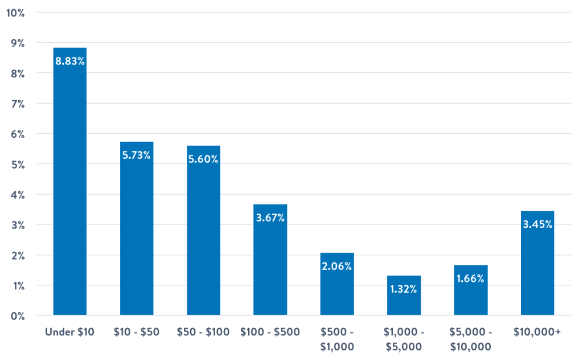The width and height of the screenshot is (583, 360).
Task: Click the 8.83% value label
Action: [69, 62]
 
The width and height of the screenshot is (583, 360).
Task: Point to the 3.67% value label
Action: [270, 218]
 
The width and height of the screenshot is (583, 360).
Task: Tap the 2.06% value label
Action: [337, 266]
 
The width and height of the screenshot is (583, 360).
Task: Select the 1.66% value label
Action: [470, 279]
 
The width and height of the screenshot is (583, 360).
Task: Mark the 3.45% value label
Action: [537, 224]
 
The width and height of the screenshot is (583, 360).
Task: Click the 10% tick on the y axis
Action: [15, 13]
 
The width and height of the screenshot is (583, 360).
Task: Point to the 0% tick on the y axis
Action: [17, 316]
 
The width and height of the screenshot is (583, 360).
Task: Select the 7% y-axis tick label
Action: [17, 104]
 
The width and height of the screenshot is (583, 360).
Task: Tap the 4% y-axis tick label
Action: [17, 195]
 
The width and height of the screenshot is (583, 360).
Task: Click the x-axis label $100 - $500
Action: [270, 332]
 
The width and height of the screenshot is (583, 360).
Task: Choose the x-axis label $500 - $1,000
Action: [337, 339]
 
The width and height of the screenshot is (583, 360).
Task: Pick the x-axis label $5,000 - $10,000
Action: [470, 339]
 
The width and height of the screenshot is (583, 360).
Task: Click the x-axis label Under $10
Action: [69, 332]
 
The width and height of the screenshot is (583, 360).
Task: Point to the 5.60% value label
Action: [203, 159]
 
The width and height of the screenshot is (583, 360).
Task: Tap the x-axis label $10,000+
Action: [537, 332]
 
